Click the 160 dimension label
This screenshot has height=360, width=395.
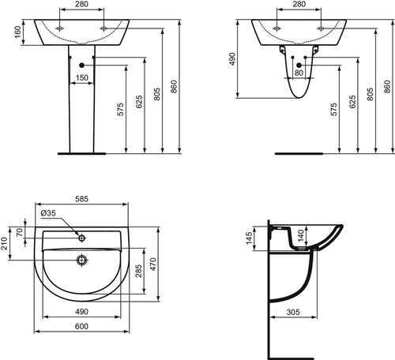pyautogui.click(x=17, y=32)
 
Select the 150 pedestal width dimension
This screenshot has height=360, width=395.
pyautogui.click(x=82, y=77)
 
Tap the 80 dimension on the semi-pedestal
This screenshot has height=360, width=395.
pyautogui.click(x=299, y=73)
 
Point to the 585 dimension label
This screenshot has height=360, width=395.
pyautogui.click(x=81, y=199)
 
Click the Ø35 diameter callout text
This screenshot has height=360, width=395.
pyautogui.click(x=48, y=213)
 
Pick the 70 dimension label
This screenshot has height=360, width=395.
pyautogui.click(x=20, y=232)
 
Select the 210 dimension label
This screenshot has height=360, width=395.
pyautogui.click(x=4, y=243)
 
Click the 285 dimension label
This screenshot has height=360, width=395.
pyautogui.click(x=138, y=271)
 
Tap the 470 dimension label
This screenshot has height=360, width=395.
pyautogui.click(x=152, y=264)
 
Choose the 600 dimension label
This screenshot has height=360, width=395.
pyautogui.click(x=81, y=326)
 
